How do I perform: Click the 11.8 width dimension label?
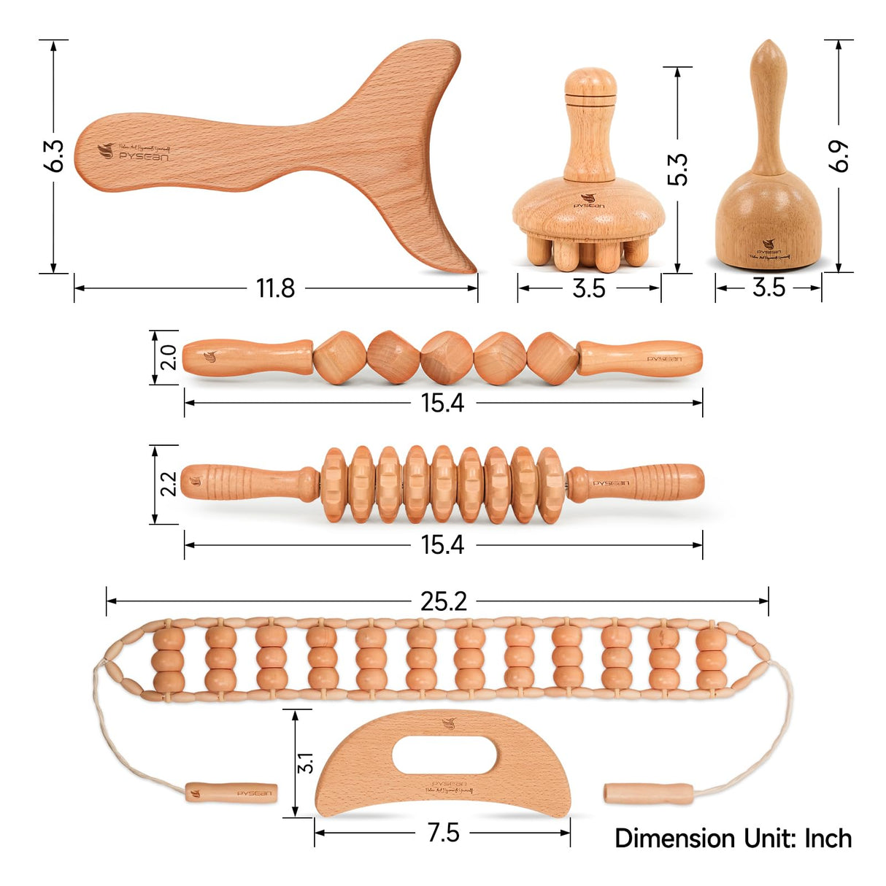(275, 288)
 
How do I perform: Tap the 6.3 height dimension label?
(54, 155)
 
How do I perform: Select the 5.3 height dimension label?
(678, 169)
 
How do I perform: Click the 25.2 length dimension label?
(443, 601)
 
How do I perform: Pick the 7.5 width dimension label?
(443, 833)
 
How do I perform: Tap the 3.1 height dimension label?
(305, 763)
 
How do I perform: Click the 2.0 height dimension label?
(168, 357)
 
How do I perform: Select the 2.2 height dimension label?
(168, 484)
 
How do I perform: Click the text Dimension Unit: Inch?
(733, 838)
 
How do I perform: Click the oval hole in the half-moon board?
(444, 755)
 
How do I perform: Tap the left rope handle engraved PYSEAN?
(231, 793)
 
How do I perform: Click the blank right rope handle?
(649, 793)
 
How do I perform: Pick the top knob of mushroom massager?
(590, 82)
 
